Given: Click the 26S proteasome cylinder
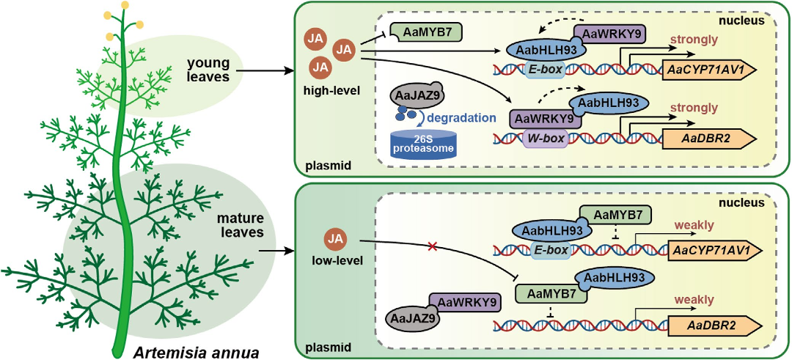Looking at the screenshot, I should coord(422,144).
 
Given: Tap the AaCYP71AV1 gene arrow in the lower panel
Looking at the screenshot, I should coord(712,251).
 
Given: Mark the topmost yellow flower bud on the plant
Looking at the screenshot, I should coord(125,5).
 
